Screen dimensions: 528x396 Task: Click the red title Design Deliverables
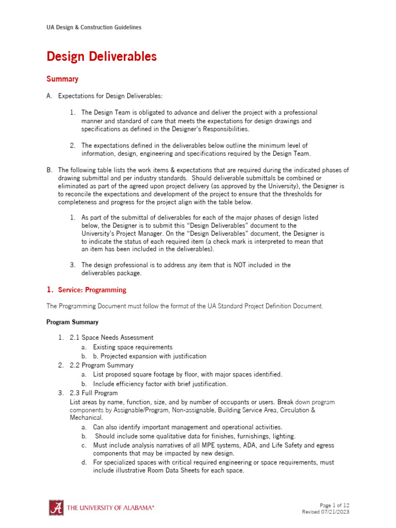coord(102,57)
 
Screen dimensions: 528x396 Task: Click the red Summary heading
coord(62,79)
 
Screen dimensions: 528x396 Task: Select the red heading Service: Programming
coord(92,290)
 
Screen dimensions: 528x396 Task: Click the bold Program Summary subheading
coord(72,322)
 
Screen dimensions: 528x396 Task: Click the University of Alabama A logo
coord(56,507)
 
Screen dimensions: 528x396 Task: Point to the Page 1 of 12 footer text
coord(334,505)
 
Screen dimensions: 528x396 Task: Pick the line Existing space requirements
coord(133,347)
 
